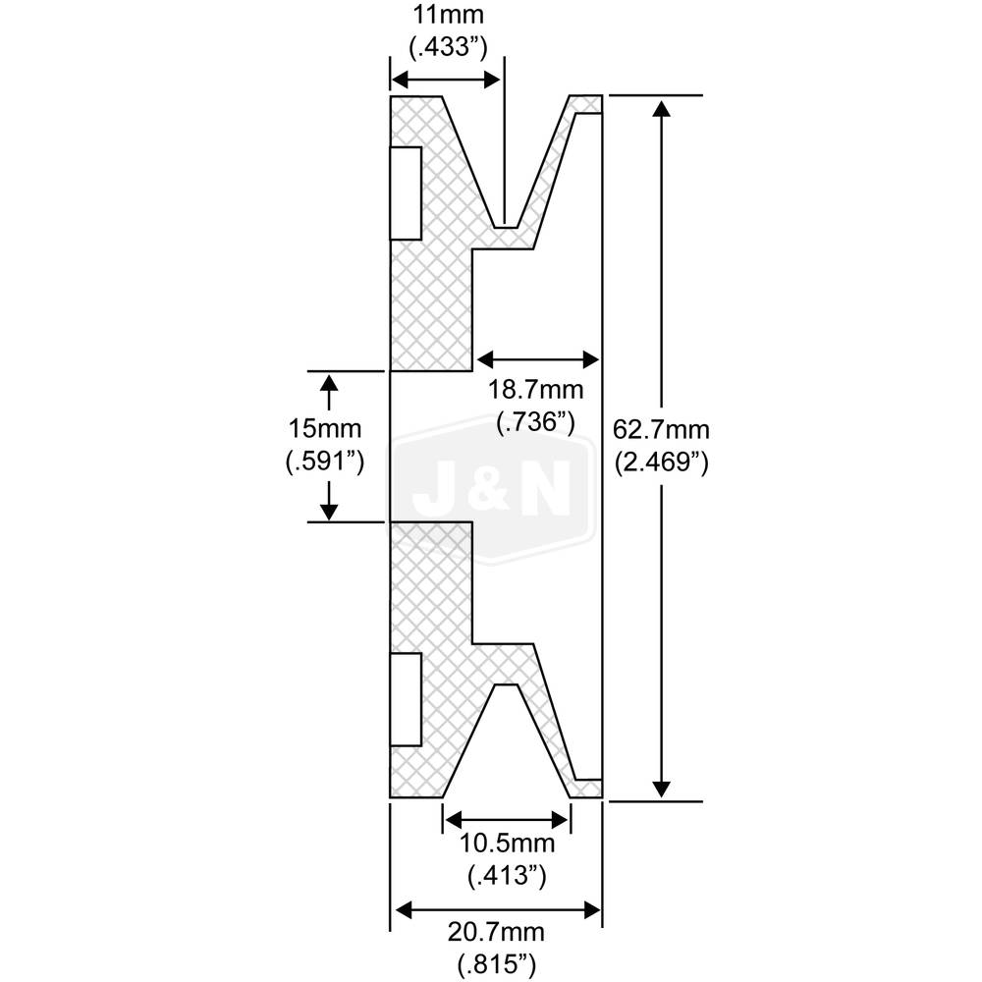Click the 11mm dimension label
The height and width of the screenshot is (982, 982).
point(448,16)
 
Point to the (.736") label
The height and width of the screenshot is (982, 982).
point(535,421)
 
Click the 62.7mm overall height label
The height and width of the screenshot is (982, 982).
point(660,429)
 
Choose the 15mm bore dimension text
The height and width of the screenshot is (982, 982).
point(325,429)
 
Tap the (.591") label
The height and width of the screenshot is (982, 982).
point(325,461)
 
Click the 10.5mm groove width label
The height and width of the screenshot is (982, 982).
point(507,844)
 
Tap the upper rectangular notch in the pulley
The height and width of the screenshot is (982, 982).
point(406,192)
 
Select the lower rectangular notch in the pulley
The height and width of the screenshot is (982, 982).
point(406,697)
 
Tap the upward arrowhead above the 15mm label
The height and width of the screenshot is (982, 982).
point(329,384)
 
